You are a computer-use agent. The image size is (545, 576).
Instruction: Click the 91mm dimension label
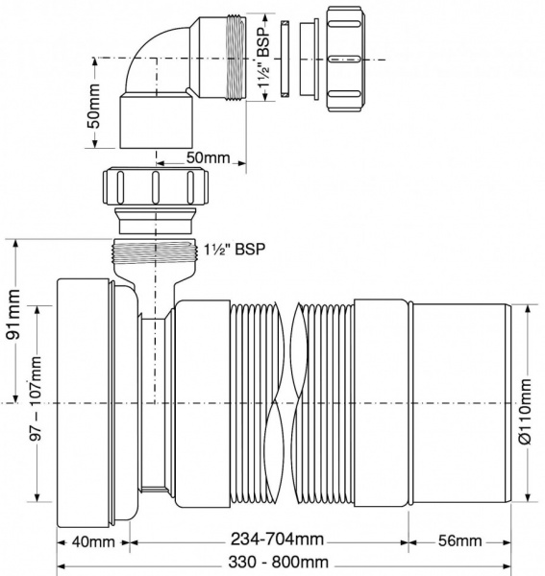(13, 315)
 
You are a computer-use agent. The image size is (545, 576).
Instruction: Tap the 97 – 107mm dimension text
(36, 398)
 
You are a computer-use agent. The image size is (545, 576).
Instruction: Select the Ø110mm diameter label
(526, 412)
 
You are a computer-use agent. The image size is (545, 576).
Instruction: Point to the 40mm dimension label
(93, 541)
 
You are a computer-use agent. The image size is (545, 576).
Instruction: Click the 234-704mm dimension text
(277, 540)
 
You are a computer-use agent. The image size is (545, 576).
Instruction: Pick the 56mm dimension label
(459, 540)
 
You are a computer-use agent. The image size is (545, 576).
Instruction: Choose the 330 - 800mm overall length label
(278, 562)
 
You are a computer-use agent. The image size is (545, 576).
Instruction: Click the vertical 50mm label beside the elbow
(93, 106)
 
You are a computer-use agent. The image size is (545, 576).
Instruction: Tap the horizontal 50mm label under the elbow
(209, 157)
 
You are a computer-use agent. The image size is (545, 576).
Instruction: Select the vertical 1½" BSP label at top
(263, 58)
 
